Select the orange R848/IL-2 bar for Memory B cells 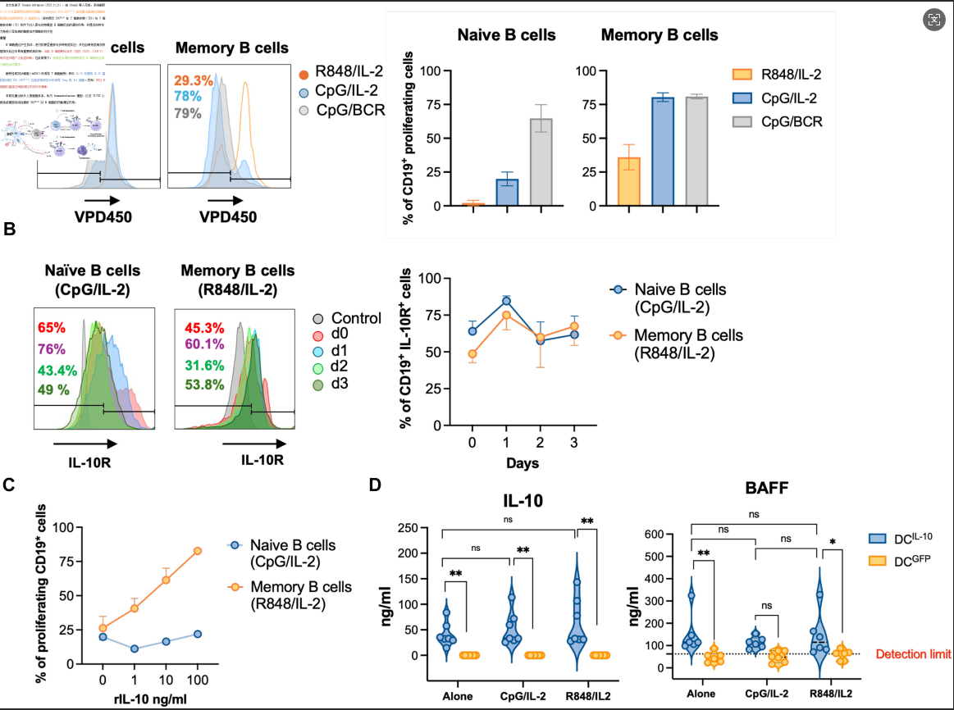point(628,181)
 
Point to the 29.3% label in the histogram point(194,81)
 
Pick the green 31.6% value point(198,364)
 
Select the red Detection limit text point(914,654)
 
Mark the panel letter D point(376,485)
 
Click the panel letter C point(10,485)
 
